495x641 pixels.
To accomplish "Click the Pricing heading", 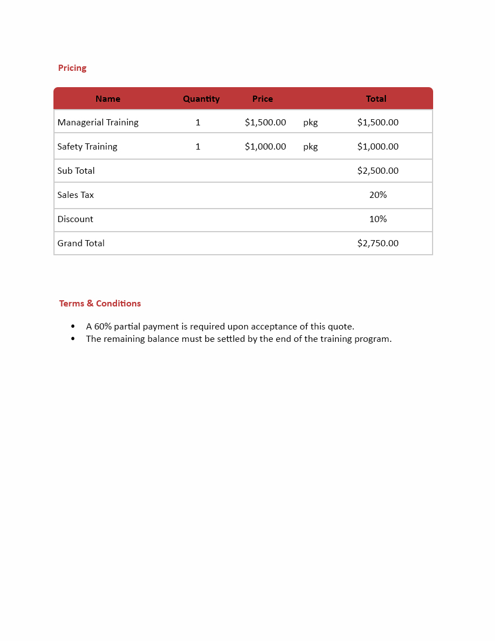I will [72, 68].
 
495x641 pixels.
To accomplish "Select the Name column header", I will [108, 99].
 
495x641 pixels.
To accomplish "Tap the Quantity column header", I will [201, 99].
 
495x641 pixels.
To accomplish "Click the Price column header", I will [262, 99].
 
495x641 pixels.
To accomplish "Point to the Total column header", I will [376, 99].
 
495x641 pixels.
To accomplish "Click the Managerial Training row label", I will [98, 123].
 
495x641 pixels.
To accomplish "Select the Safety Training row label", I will [87, 147].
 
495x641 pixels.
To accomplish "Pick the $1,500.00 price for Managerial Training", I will [265, 123].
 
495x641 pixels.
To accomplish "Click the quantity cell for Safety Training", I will [197, 147].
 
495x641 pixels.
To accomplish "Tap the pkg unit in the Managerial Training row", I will [310, 123].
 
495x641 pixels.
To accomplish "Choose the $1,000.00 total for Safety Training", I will [377, 147].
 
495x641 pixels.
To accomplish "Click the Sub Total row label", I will [76, 171].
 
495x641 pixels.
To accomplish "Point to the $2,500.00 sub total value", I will [377, 171].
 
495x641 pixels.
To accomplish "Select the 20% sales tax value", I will [378, 195].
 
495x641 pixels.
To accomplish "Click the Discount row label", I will [75, 219].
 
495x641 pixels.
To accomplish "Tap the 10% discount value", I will [378, 219].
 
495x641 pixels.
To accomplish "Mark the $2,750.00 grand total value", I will [377, 243].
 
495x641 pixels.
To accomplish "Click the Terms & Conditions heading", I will [100, 304].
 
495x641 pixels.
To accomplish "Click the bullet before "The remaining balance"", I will [73, 338].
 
